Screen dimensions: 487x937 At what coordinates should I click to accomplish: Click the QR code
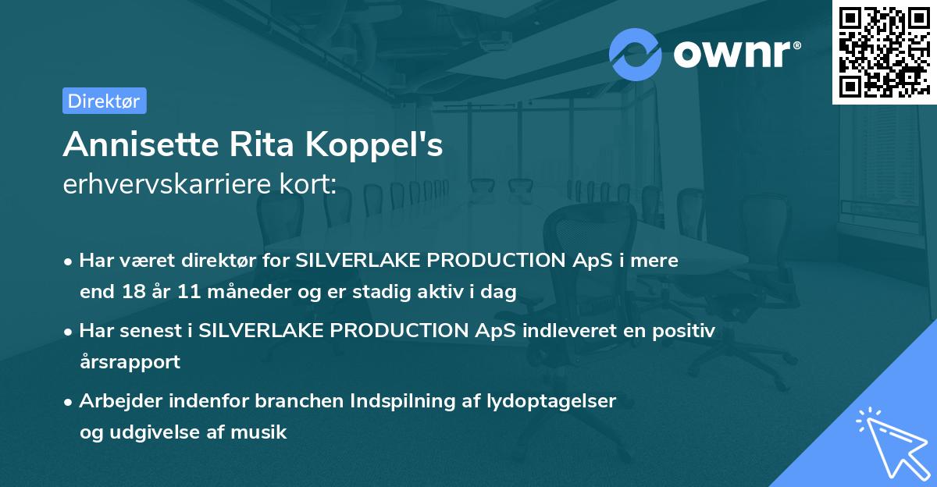point(884,52)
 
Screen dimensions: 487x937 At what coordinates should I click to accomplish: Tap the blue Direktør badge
point(104,101)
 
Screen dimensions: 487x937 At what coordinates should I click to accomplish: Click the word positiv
point(684,331)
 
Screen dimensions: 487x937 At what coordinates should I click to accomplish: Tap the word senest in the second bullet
point(154,331)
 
